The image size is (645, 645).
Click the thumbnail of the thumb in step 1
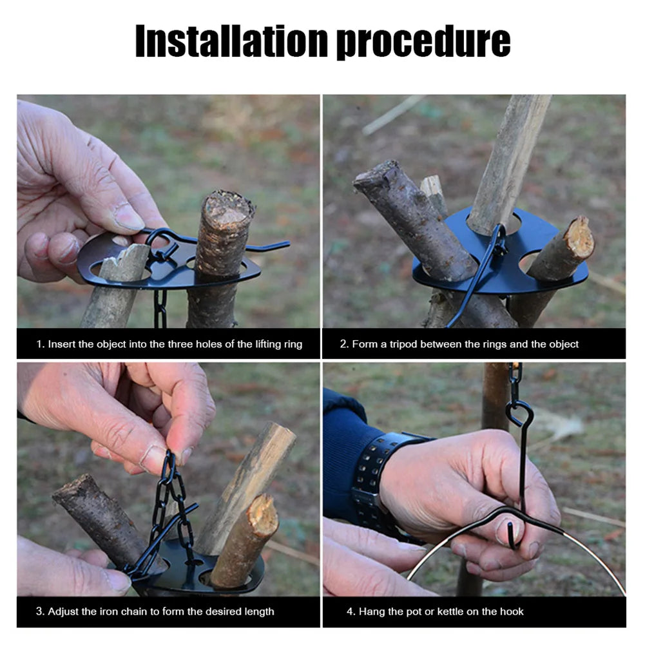128,217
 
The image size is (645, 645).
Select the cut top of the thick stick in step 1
227,205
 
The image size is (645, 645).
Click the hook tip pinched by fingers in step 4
512,535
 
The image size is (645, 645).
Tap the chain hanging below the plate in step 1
160,309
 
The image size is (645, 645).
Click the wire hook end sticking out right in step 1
271,245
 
